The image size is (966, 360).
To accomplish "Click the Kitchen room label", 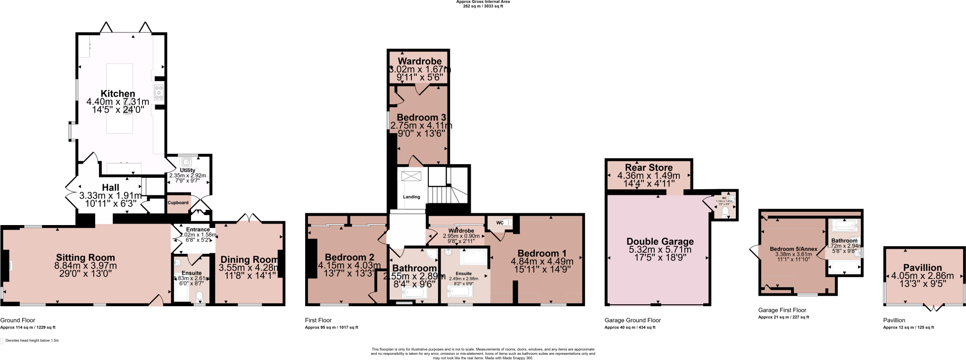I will [x=118, y=93].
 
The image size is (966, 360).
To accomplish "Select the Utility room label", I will [x=188, y=170].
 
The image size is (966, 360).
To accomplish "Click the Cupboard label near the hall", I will [x=178, y=203].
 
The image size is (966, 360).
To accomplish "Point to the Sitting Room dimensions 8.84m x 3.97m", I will [x=85, y=266].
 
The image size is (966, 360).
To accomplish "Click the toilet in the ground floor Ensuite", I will [x=200, y=296].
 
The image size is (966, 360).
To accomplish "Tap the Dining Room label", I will [x=250, y=260].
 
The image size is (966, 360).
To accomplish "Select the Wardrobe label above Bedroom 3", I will [x=419, y=61].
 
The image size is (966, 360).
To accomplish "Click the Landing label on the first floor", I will [x=411, y=197].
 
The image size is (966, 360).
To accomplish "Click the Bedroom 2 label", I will [x=349, y=257].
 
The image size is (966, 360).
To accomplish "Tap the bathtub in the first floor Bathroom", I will [x=415, y=293].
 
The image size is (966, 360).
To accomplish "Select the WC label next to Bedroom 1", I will [x=500, y=223].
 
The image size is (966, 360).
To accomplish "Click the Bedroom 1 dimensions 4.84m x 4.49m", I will [x=542, y=261].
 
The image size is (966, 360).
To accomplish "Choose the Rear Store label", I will [x=649, y=167].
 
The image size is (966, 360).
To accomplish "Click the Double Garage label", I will [x=660, y=242].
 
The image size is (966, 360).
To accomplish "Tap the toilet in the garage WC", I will [x=725, y=213].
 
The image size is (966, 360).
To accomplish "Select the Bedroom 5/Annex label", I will [x=793, y=249].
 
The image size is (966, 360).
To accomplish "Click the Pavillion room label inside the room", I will [x=922, y=268].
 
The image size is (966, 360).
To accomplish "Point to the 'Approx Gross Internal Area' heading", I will [x=483, y=2].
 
